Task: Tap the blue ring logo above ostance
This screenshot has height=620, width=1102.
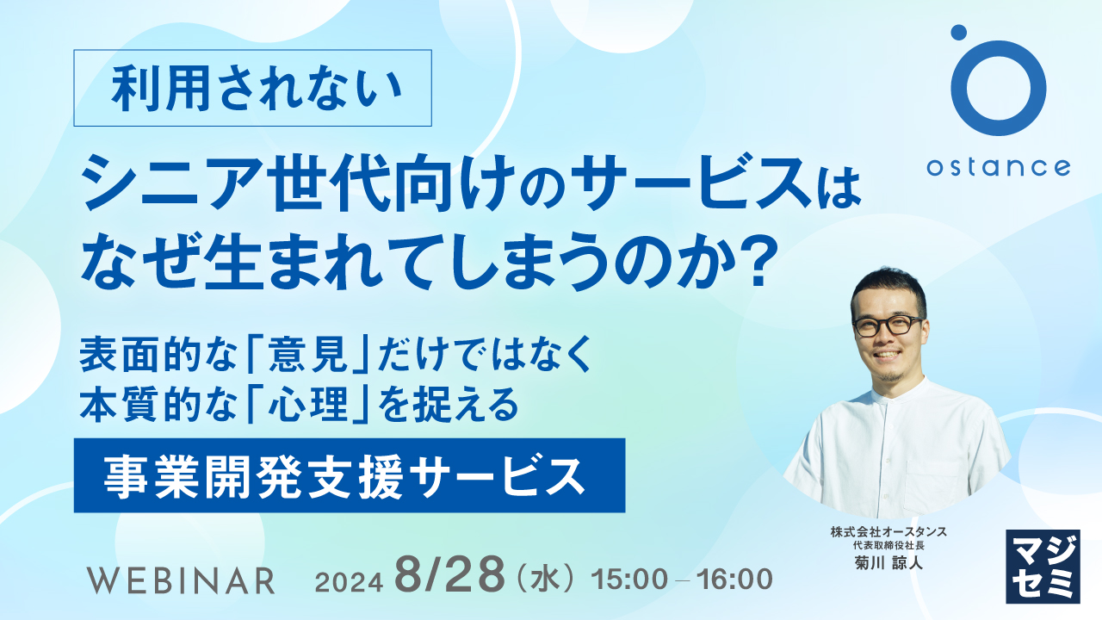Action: coord(999,89)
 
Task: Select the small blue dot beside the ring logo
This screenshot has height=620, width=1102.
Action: coord(958,33)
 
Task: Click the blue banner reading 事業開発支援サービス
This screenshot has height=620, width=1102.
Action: coord(349,474)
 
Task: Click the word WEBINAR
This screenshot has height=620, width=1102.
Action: coord(181,580)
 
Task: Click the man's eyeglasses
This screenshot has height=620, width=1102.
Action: coord(887,325)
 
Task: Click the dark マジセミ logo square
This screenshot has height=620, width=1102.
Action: coord(1043,566)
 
